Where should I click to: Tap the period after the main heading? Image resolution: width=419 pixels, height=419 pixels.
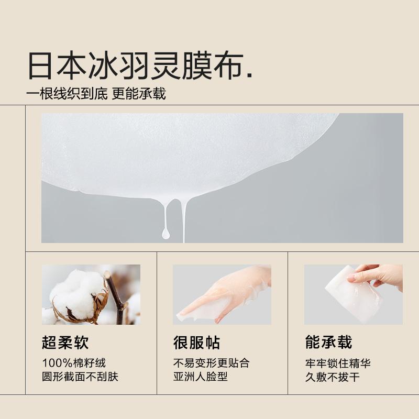pos(250,75)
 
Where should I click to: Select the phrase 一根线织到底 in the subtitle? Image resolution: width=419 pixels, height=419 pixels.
pos(67,94)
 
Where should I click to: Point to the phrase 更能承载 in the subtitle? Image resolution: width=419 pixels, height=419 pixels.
pos(139,94)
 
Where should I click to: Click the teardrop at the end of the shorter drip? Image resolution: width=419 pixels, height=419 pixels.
pos(166,234)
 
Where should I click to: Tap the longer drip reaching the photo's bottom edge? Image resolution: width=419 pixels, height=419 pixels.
pos(183,222)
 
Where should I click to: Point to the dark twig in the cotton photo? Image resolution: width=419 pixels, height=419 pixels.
pos(115,296)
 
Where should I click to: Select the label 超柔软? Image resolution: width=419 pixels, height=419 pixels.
pos(65,343)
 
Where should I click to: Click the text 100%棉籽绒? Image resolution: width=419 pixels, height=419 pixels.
pos(74,363)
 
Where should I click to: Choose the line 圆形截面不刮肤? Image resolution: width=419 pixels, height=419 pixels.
pos(80,377)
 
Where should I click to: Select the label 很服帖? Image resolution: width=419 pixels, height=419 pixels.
pos(197,343)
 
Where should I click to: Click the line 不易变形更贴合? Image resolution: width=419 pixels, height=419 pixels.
pos(212,363)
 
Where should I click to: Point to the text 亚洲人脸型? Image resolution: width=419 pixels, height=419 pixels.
pos(201,377)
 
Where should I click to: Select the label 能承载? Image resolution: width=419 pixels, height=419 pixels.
pos(329,343)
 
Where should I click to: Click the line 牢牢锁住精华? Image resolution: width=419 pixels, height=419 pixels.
pos(338,363)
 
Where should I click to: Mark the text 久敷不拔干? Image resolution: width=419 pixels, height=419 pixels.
pos(333,377)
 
